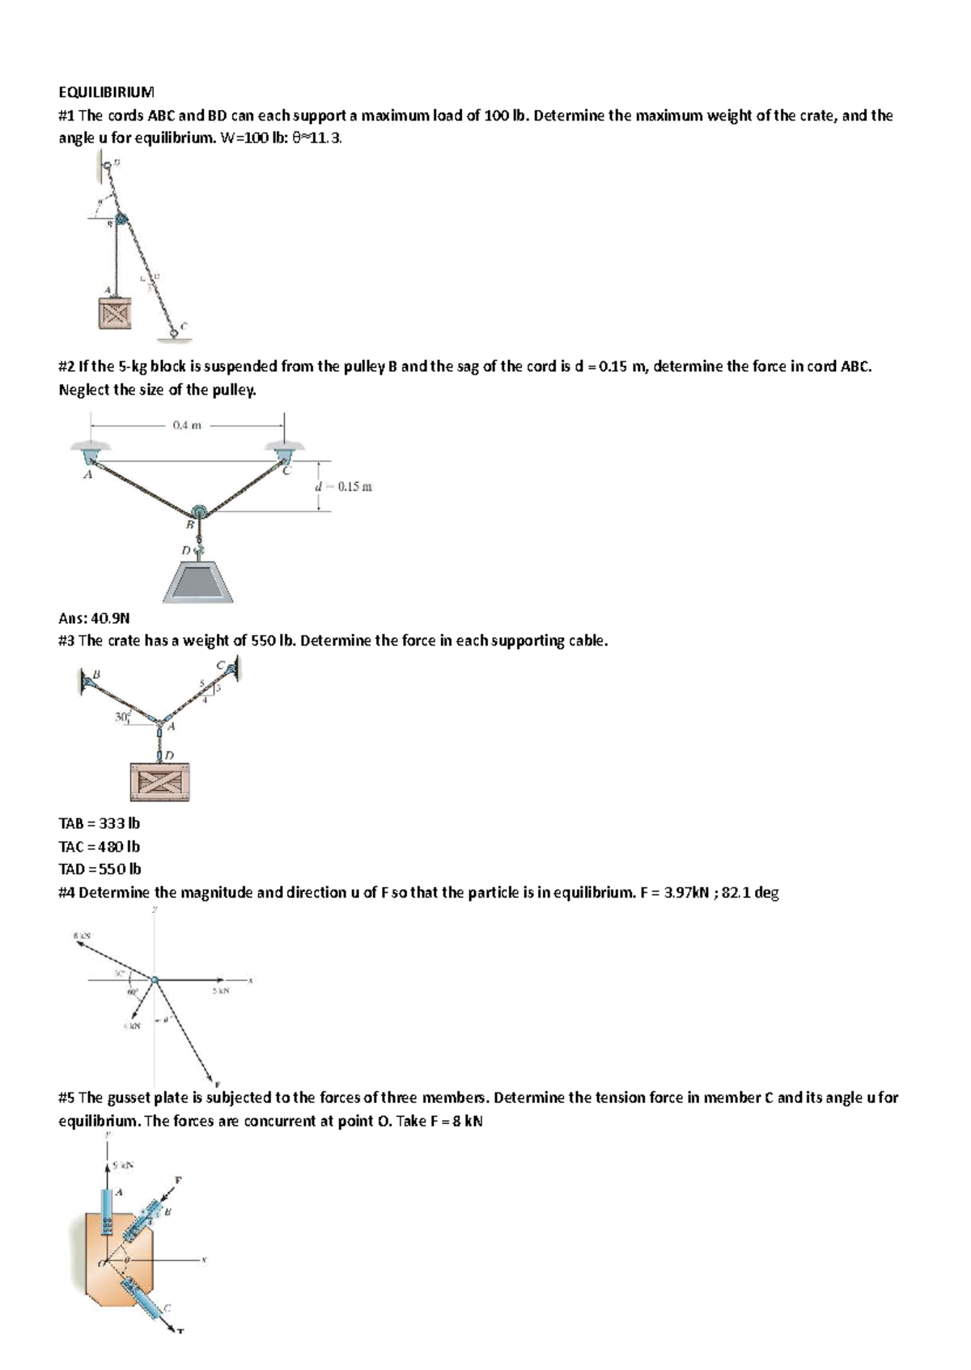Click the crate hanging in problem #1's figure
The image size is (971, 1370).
pyautogui.click(x=114, y=313)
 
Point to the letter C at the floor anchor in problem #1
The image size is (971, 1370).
pyautogui.click(x=184, y=325)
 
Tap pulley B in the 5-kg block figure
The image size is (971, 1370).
pyautogui.click(x=197, y=511)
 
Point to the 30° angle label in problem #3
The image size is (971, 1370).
pyautogui.click(x=122, y=717)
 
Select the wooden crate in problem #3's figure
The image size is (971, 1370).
pyautogui.click(x=160, y=780)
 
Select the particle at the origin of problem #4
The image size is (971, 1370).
pyautogui.click(x=155, y=981)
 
